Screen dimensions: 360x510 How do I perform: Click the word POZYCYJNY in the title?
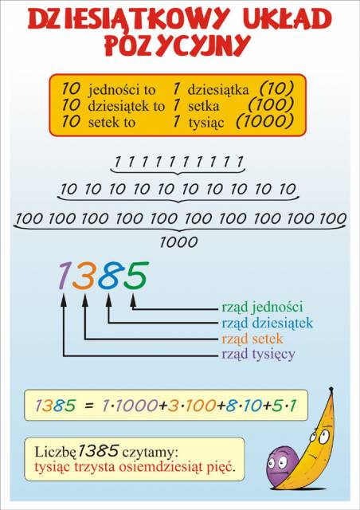(x=178, y=45)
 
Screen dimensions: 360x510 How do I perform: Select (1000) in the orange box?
(x=265, y=121)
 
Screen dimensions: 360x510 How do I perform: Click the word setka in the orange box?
(x=204, y=106)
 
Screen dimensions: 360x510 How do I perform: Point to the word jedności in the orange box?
(x=122, y=90)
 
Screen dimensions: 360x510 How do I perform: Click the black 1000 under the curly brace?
(x=179, y=242)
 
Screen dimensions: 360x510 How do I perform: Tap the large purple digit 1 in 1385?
(x=65, y=276)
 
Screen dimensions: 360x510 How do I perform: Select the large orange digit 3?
(x=84, y=276)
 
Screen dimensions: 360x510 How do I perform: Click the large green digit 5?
(x=135, y=276)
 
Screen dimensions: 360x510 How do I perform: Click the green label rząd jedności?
(x=262, y=307)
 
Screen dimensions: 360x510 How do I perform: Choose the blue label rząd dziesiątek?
(x=267, y=324)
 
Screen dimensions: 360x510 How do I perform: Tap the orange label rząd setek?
(x=252, y=339)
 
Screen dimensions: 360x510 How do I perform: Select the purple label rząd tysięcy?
(x=259, y=354)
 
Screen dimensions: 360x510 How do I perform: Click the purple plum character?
(x=282, y=465)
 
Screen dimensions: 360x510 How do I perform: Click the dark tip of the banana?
(x=331, y=390)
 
